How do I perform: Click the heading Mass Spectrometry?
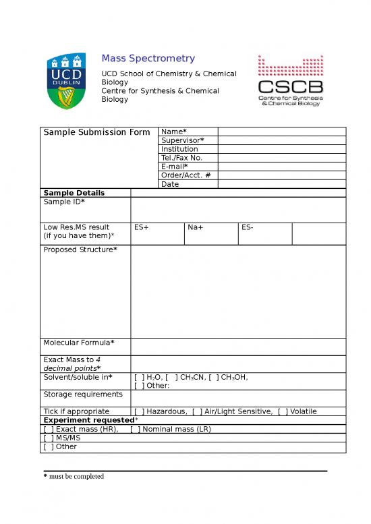(148, 59)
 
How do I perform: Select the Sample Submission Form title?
(96, 132)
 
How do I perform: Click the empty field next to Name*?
(281, 132)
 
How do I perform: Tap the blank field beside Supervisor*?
(281, 140)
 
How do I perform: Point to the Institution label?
(179, 149)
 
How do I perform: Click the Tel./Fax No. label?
(181, 158)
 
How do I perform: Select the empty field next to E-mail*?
(281, 167)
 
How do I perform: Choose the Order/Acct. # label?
(185, 175)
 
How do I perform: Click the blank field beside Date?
(281, 184)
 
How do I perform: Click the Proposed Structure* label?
(80, 250)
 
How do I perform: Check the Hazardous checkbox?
(139, 411)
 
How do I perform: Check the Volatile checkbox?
(282, 411)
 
